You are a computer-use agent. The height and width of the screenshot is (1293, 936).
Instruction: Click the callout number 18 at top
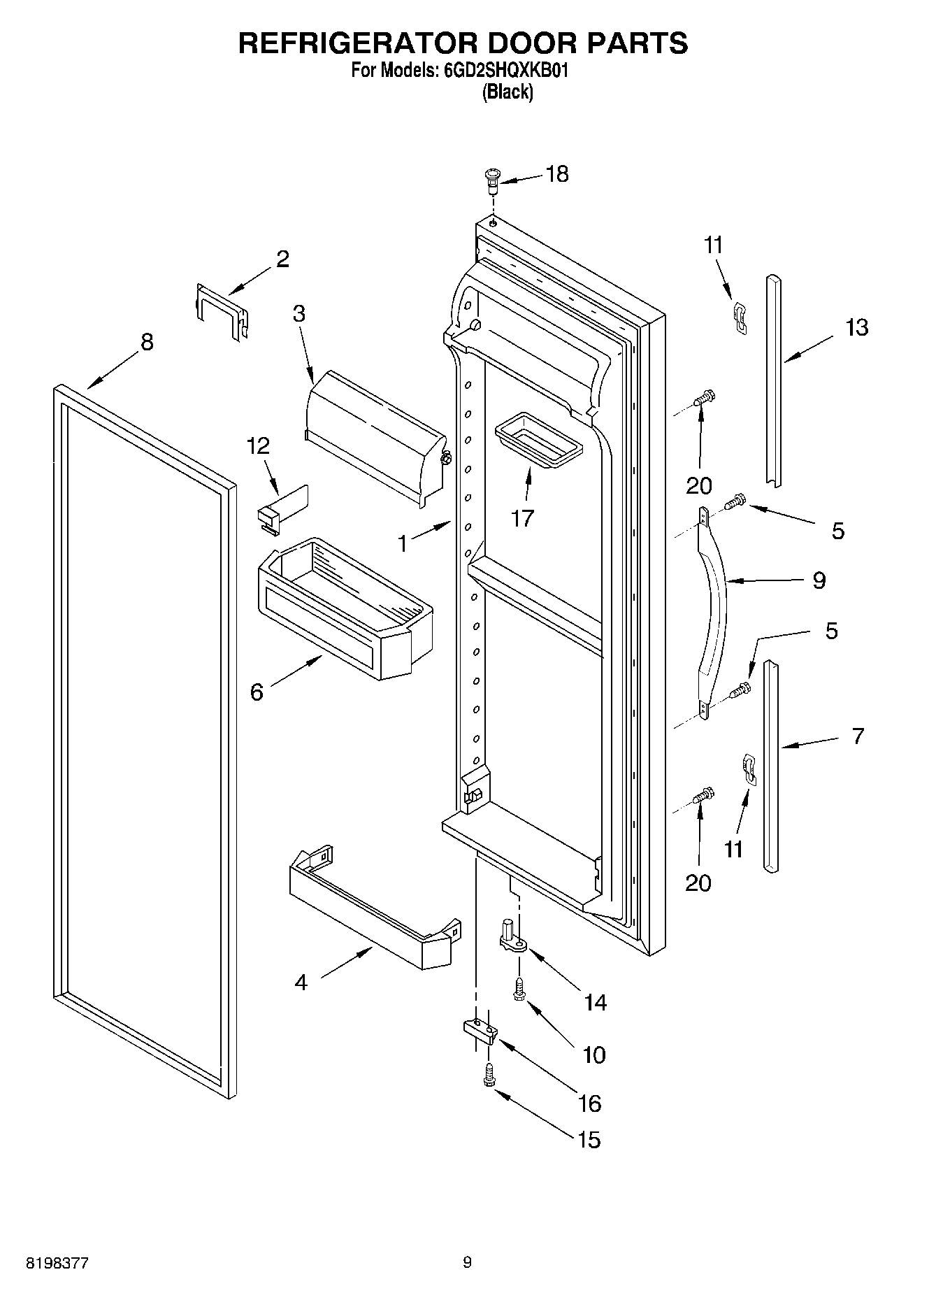coord(557,173)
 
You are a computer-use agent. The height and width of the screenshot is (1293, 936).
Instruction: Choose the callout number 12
coord(258,445)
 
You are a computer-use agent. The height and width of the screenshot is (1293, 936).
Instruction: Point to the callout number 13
coord(857,327)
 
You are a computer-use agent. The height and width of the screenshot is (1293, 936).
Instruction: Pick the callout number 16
coord(590,1103)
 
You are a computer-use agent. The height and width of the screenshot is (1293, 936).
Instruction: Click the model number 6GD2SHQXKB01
coord(501,71)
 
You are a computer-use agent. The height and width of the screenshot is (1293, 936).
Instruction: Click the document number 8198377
coord(57,1263)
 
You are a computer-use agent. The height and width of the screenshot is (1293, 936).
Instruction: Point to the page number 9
coord(468,1262)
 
